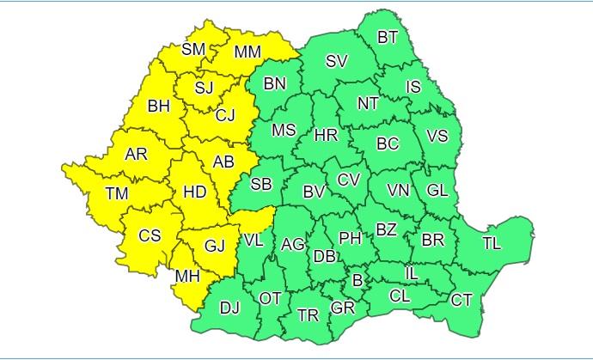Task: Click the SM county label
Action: coord(193,49)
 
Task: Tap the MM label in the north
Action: coord(248,53)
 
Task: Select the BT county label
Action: coord(388,37)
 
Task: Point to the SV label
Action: coord(336,61)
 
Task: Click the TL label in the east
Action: coord(491,243)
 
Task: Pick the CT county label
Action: coord(462,300)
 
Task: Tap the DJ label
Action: coord(229,308)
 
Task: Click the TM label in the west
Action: coord(117,194)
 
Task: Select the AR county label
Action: coord(136,155)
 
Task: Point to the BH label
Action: coord(159,107)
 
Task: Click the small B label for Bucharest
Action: coord(357,279)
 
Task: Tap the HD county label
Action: coord(195,192)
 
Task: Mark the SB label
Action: coord(261,183)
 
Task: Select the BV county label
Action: coord(314,192)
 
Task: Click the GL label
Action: coord(437,190)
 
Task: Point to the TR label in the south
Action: coord(308,315)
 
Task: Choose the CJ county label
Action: coord(225,114)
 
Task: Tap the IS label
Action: coord(413,87)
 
